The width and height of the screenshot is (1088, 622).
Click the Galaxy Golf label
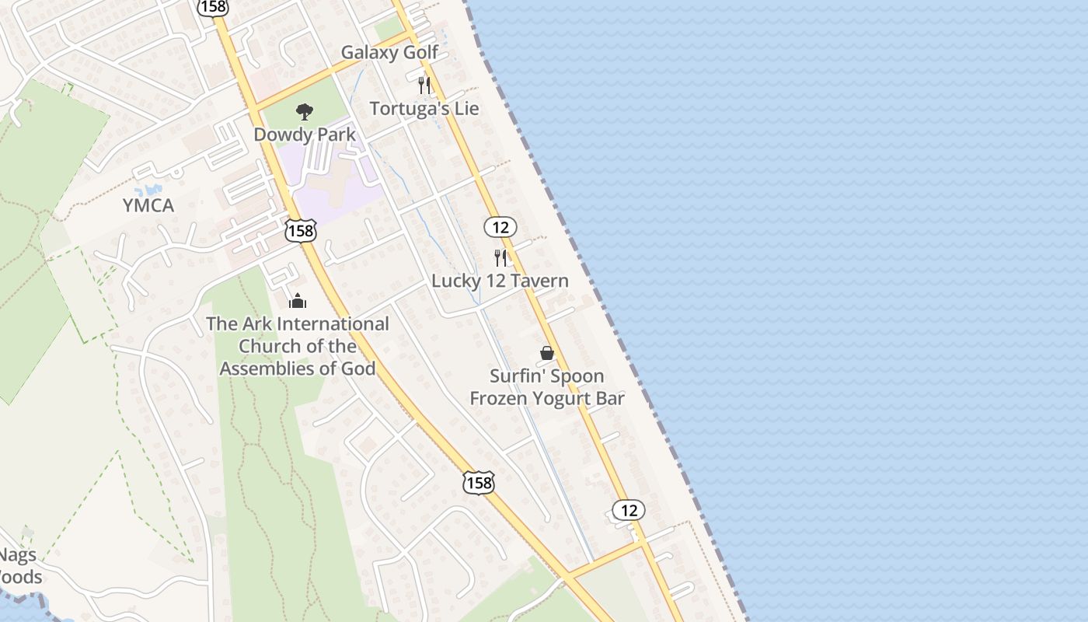pyautogui.click(x=389, y=53)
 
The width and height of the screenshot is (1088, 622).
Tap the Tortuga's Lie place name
pyautogui.click(x=424, y=109)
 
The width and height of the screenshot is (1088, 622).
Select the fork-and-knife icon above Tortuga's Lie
pyautogui.click(x=424, y=84)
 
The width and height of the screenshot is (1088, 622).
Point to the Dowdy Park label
pyautogui.click(x=305, y=135)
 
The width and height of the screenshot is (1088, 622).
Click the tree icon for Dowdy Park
pyautogui.click(x=305, y=112)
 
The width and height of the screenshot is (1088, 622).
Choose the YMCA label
pyautogui.click(x=148, y=206)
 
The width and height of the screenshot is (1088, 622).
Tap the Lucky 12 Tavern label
pyautogui.click(x=500, y=281)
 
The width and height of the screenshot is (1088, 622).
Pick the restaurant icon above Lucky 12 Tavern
pyautogui.click(x=500, y=257)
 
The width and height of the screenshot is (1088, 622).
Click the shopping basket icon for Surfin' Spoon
pyautogui.click(x=547, y=354)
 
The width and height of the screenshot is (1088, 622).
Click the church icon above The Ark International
pyautogui.click(x=297, y=301)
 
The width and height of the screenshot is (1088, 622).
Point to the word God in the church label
pyautogui.click(x=357, y=369)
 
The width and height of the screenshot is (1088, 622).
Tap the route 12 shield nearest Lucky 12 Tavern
pyautogui.click(x=500, y=227)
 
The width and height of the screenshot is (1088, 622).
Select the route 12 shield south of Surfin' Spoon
pyautogui.click(x=628, y=510)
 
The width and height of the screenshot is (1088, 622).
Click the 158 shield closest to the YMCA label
pyautogui.click(x=300, y=230)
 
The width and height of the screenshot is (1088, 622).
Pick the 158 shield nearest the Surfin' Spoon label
pyautogui.click(x=478, y=483)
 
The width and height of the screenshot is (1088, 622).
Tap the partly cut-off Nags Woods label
pyautogui.click(x=19, y=566)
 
